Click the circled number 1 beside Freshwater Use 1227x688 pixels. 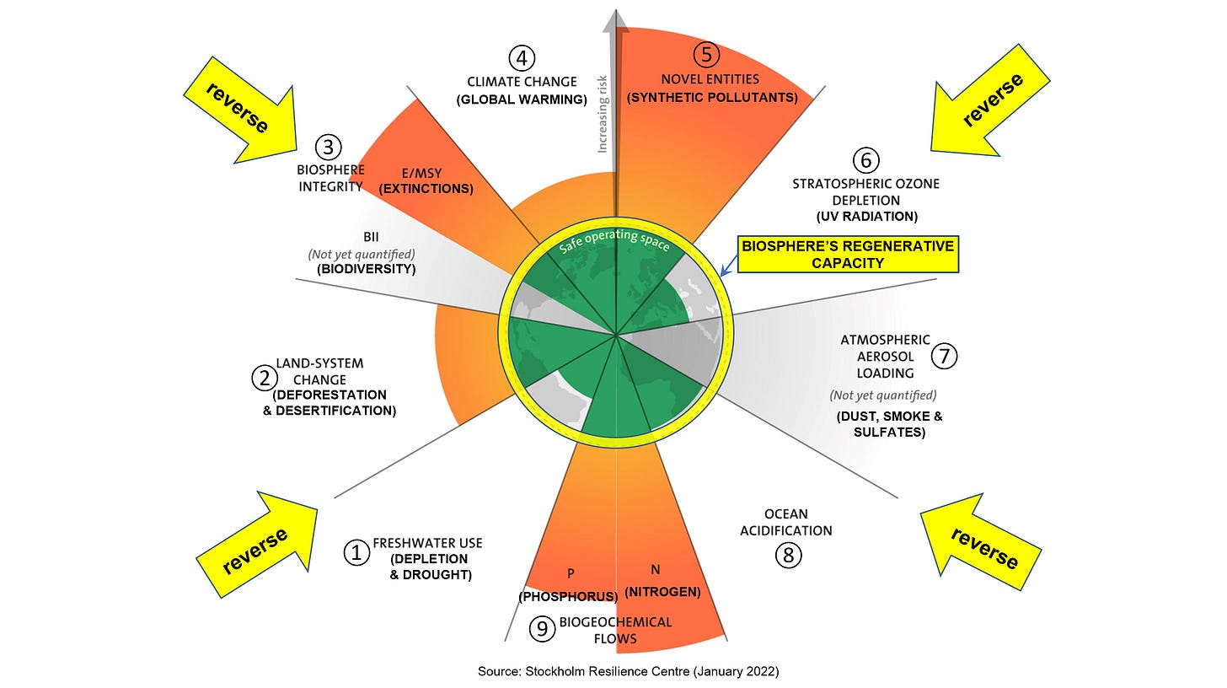click(356, 553)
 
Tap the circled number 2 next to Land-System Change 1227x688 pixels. click(264, 378)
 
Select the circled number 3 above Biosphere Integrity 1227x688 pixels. click(329, 148)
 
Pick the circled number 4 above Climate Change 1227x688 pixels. click(522, 58)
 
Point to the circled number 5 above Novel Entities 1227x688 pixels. click(706, 55)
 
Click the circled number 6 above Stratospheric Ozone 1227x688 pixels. click(865, 160)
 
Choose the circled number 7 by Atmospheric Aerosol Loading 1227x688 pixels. click(945, 356)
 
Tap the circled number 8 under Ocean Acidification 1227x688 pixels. click(788, 555)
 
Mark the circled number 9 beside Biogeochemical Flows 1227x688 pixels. click(543, 628)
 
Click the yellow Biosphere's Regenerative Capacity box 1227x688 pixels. click(848, 255)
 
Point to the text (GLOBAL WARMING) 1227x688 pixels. click(522, 99)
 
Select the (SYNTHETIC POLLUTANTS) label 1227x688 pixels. click(712, 98)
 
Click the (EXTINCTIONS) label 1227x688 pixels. click(426, 189)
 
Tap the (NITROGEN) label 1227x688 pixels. click(662, 592)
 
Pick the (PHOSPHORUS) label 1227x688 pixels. click(568, 596)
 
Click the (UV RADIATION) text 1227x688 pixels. click(865, 217)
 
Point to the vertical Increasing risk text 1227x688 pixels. click(603, 122)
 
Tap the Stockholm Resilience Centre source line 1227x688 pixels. click(628, 672)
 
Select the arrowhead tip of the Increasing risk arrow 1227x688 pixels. click(619, 12)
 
